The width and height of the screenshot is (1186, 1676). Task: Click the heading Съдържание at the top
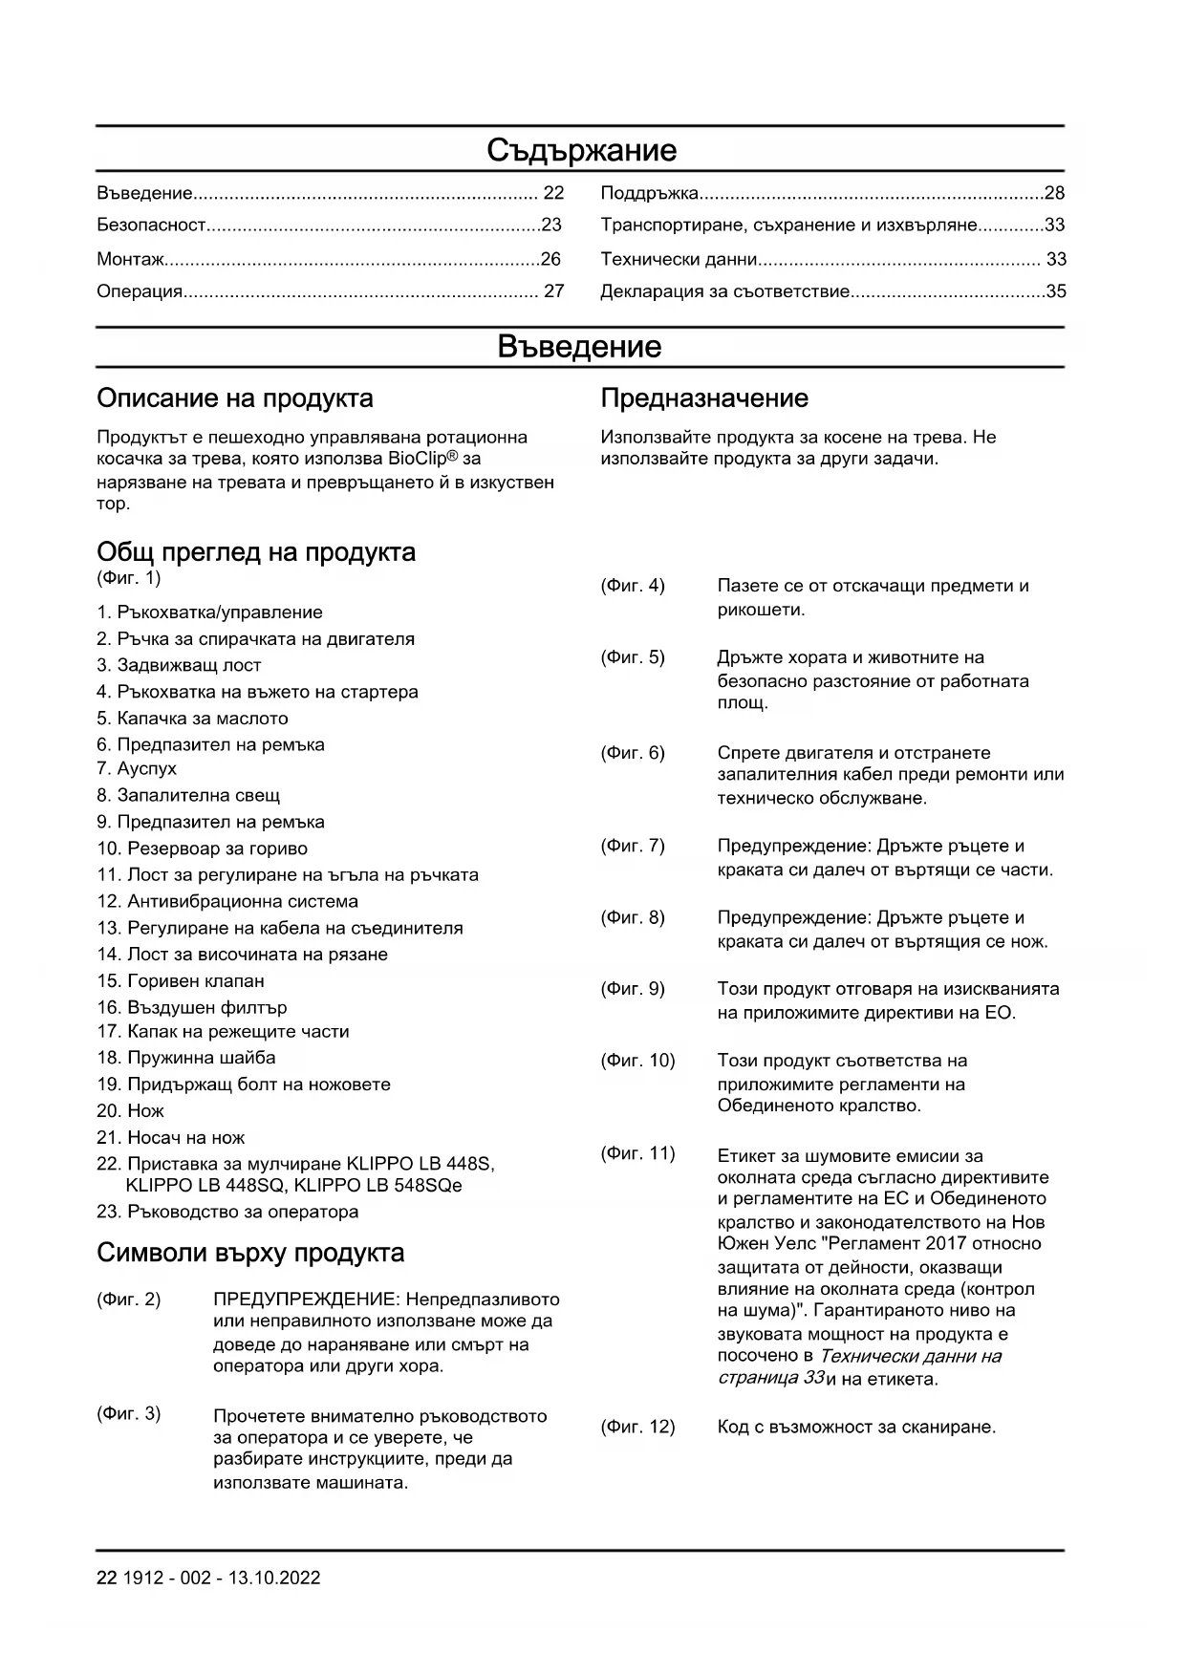point(581,150)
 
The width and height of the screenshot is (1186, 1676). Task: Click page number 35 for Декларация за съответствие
point(1056,291)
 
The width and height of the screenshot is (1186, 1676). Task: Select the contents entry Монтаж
point(130,259)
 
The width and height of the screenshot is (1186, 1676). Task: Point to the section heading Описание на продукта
point(235,398)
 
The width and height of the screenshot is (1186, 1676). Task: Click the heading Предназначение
point(704,398)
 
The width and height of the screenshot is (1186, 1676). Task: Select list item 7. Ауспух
point(137,768)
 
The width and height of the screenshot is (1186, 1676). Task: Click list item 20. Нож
point(130,1110)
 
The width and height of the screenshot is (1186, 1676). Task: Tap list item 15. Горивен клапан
point(181,980)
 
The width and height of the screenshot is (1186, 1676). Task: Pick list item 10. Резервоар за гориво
point(202,849)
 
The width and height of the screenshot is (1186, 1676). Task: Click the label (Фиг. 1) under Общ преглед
point(129,578)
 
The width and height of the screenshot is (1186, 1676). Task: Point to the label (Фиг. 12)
point(637,1427)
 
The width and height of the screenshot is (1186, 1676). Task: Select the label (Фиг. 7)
point(633,846)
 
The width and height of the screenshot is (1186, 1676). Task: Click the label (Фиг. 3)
point(129,1413)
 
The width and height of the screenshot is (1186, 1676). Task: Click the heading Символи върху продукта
point(250,1253)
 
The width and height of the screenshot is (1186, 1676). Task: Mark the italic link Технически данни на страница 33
point(860,1366)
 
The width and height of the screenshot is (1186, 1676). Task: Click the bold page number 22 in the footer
point(106,1578)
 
